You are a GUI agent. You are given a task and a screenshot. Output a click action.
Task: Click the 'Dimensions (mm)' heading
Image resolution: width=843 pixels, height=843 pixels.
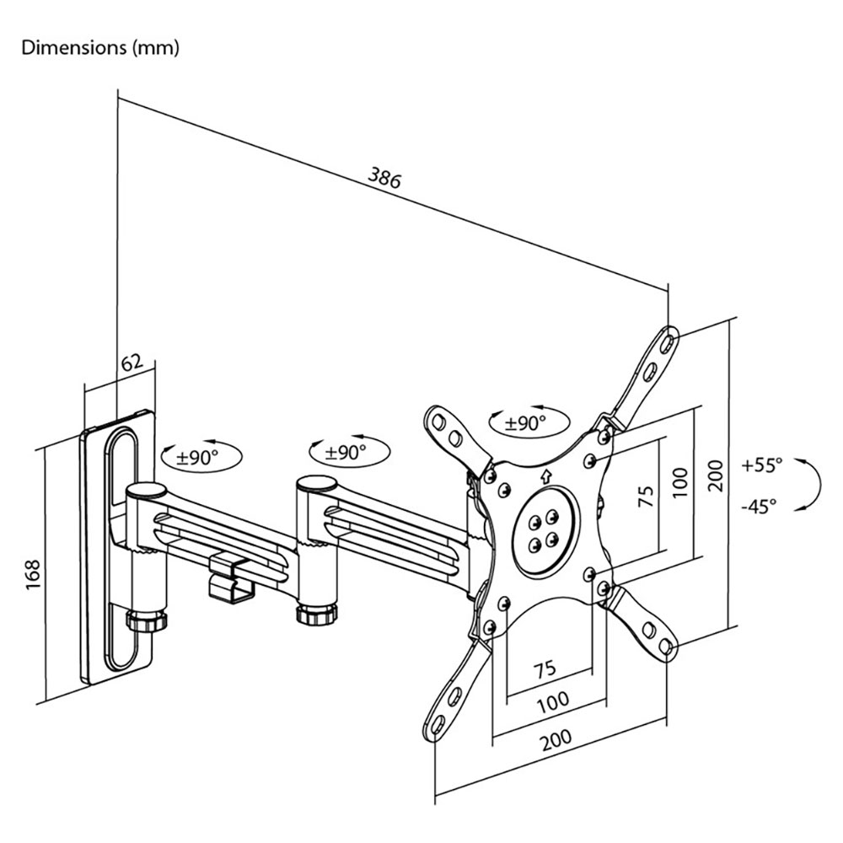click(100, 48)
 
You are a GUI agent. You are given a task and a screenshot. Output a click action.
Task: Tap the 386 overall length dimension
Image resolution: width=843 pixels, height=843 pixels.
click(384, 177)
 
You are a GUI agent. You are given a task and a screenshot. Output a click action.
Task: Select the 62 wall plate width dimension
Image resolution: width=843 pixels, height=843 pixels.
click(132, 362)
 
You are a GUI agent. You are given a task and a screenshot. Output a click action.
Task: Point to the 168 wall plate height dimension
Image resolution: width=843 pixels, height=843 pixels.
click(34, 575)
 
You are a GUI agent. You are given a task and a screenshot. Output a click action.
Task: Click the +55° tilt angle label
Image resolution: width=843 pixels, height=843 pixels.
click(762, 464)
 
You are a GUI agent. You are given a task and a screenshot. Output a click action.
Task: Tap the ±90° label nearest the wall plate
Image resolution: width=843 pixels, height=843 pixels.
click(198, 458)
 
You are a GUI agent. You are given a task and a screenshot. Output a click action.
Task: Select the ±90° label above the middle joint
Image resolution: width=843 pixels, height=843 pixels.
click(346, 453)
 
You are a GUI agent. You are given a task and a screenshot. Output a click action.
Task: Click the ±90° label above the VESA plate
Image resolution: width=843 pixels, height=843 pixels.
click(525, 423)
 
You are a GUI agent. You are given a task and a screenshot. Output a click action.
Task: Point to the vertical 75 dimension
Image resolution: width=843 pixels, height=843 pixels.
click(647, 496)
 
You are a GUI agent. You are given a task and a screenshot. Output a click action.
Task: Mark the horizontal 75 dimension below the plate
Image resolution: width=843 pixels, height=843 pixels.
click(545, 670)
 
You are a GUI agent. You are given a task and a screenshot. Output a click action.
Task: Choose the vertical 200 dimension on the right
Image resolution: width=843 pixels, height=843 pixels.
click(716, 475)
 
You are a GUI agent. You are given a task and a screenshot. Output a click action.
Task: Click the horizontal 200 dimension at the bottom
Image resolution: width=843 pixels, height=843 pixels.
click(556, 741)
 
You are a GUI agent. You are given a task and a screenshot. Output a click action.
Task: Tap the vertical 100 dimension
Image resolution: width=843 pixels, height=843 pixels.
click(680, 482)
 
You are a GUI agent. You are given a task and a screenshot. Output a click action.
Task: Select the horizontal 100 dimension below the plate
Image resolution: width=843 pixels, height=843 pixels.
click(553, 701)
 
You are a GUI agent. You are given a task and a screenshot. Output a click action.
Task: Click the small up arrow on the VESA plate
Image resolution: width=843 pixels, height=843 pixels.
click(547, 476)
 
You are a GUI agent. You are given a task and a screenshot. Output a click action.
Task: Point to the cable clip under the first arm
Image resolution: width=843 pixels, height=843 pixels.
click(230, 575)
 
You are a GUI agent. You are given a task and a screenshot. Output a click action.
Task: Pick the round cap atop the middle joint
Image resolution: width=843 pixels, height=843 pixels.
click(317, 484)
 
